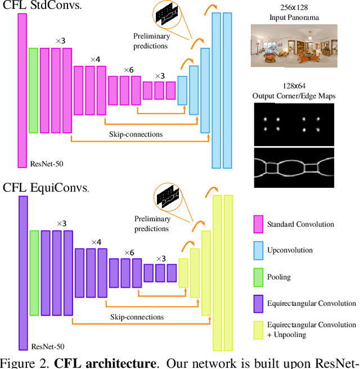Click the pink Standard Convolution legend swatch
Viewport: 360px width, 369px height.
[258, 224]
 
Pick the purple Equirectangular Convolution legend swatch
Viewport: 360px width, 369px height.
[258, 304]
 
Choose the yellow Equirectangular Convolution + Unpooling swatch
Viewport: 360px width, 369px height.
[258, 330]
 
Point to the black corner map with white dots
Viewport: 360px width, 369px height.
[294, 124]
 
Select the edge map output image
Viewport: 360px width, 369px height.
[294, 168]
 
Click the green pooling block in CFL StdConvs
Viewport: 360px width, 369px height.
[33, 91]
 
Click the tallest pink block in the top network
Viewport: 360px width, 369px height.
[22, 91]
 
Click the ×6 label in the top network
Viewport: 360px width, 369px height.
[129, 70]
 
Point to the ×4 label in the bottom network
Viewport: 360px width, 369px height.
[96, 242]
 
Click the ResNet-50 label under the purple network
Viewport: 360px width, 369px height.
[43, 345]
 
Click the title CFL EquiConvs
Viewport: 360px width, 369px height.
[44, 188]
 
